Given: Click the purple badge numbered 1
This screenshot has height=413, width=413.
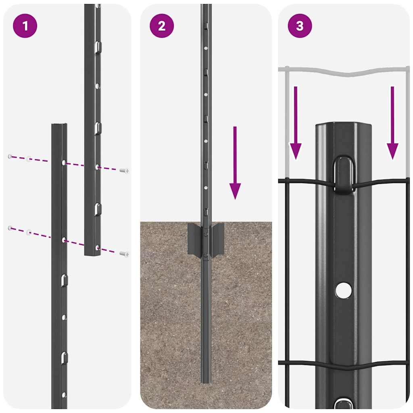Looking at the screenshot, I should (x=25, y=26).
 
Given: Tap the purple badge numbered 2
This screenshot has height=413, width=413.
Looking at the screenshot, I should (x=162, y=26).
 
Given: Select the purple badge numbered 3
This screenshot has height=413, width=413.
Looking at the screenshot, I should (x=300, y=26).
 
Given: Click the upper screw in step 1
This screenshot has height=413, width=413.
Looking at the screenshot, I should (x=124, y=171).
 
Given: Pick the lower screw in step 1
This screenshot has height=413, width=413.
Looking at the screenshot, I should (x=124, y=254).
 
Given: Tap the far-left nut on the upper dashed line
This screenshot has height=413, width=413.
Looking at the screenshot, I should (x=10, y=156).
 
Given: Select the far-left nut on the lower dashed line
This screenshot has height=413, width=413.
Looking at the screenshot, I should (x=10, y=228).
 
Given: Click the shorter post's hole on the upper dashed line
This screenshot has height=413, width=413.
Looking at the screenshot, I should (x=64, y=162).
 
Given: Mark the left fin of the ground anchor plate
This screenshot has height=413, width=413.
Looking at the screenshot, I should (x=194, y=239).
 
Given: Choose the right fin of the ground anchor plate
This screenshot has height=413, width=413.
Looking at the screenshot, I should (x=218, y=239).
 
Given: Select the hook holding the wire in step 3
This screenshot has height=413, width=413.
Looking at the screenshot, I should (x=344, y=173).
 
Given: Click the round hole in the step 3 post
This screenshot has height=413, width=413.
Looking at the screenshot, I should (x=343, y=290).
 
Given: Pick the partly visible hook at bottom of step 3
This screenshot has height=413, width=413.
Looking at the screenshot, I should (x=343, y=404).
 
